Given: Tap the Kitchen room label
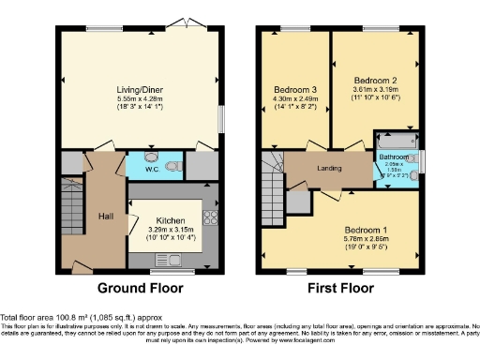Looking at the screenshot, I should point(171,219).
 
